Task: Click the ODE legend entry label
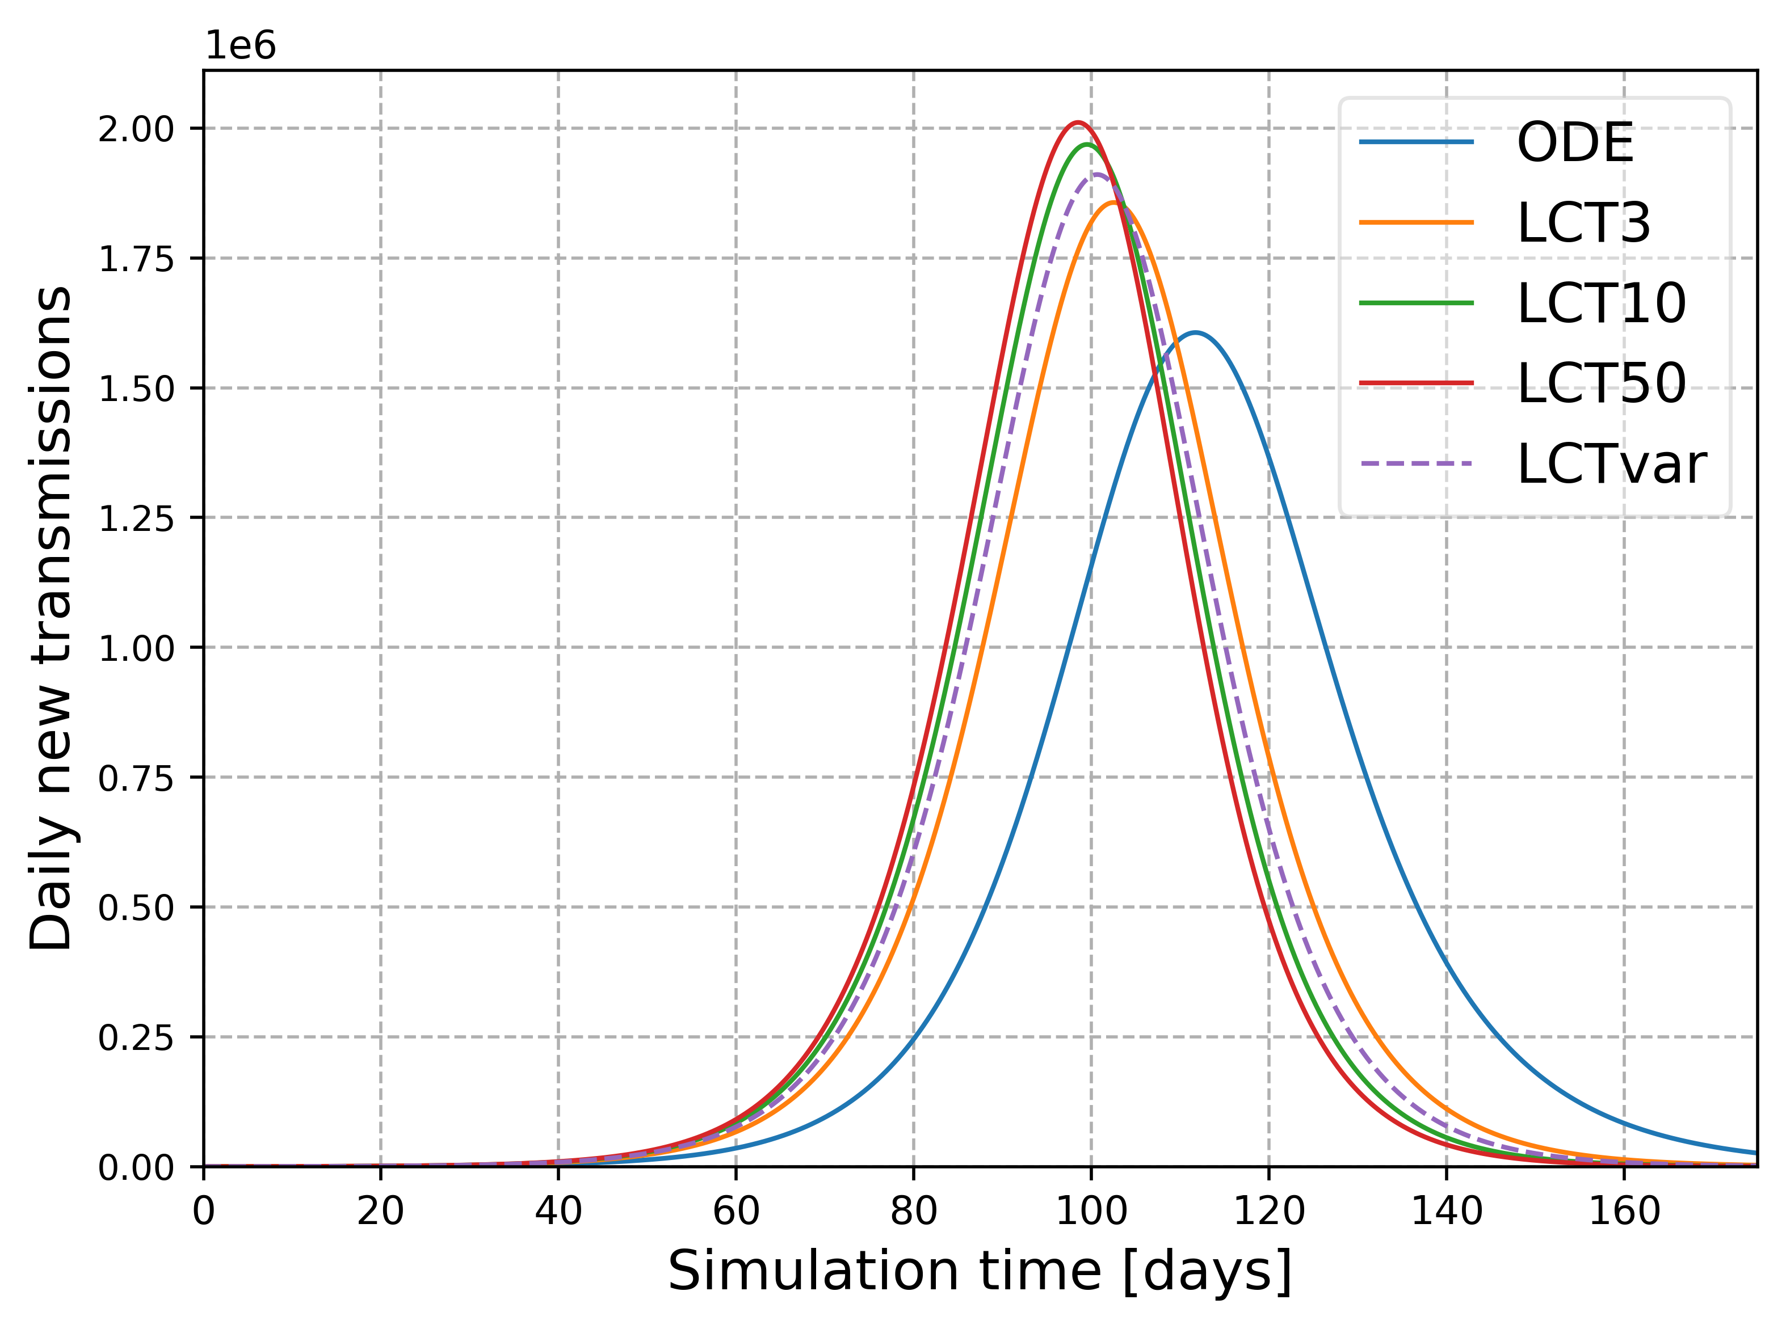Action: tap(1574, 143)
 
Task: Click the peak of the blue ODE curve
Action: tap(1195, 332)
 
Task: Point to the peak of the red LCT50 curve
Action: tap(1077, 123)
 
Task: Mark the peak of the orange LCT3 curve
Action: tap(1114, 202)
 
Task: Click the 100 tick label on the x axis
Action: tap(1091, 1212)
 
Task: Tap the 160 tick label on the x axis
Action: tap(1624, 1212)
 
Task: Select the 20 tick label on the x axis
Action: tap(381, 1212)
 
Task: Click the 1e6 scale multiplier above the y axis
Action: tap(241, 46)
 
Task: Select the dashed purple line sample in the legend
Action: tap(1416, 464)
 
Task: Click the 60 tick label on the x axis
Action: tap(736, 1212)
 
